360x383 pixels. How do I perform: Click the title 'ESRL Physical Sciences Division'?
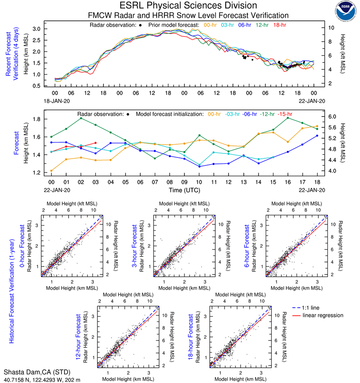(188, 6)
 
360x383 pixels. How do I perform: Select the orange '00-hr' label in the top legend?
(211, 25)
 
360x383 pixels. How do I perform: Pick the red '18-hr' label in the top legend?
(279, 25)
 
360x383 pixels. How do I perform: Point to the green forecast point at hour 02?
(81, 118)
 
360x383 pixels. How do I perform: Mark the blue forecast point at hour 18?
(317, 136)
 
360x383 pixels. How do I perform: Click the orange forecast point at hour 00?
(51, 171)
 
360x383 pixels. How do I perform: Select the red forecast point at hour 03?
(95, 143)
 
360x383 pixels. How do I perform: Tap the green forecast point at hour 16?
(287, 118)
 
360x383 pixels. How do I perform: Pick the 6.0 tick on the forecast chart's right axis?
(332, 117)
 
